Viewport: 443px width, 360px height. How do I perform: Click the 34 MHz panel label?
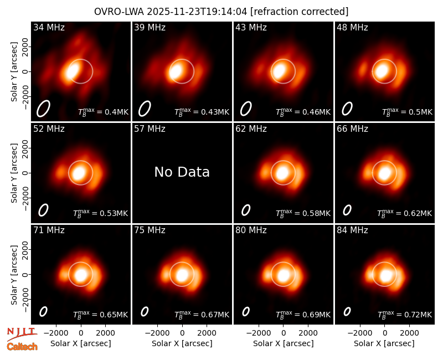[49, 27]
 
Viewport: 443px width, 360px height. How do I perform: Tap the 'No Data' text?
[182, 172]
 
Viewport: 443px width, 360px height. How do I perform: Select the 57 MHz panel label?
[150, 129]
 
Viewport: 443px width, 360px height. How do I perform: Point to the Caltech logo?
[22, 347]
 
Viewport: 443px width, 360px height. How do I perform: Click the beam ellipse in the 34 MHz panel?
[43, 109]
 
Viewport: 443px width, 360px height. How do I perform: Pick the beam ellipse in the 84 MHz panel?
[347, 311]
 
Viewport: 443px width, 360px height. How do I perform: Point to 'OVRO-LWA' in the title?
[119, 12]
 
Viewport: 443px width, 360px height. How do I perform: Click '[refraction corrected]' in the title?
[299, 12]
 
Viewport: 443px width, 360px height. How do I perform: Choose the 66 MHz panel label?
[352, 129]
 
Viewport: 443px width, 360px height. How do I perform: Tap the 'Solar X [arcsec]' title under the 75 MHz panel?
[182, 343]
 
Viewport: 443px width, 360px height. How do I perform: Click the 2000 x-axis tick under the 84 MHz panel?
[409, 333]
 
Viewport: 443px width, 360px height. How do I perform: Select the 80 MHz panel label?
[251, 230]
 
